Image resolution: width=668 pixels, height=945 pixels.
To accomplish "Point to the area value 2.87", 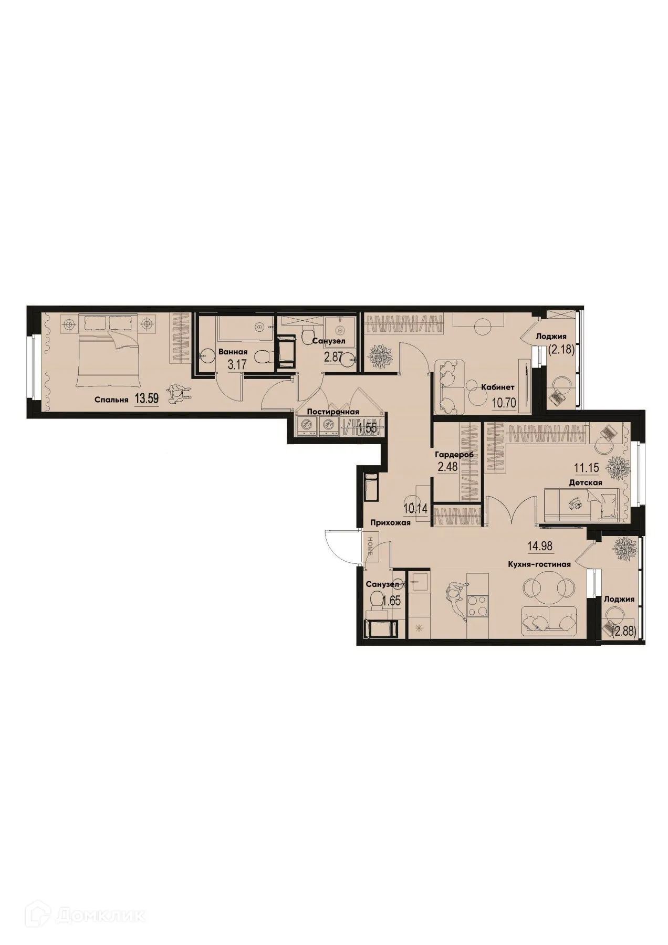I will point(334,358).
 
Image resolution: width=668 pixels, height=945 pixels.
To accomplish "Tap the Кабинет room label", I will point(497,387).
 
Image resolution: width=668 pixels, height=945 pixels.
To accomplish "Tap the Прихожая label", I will point(390,522).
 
